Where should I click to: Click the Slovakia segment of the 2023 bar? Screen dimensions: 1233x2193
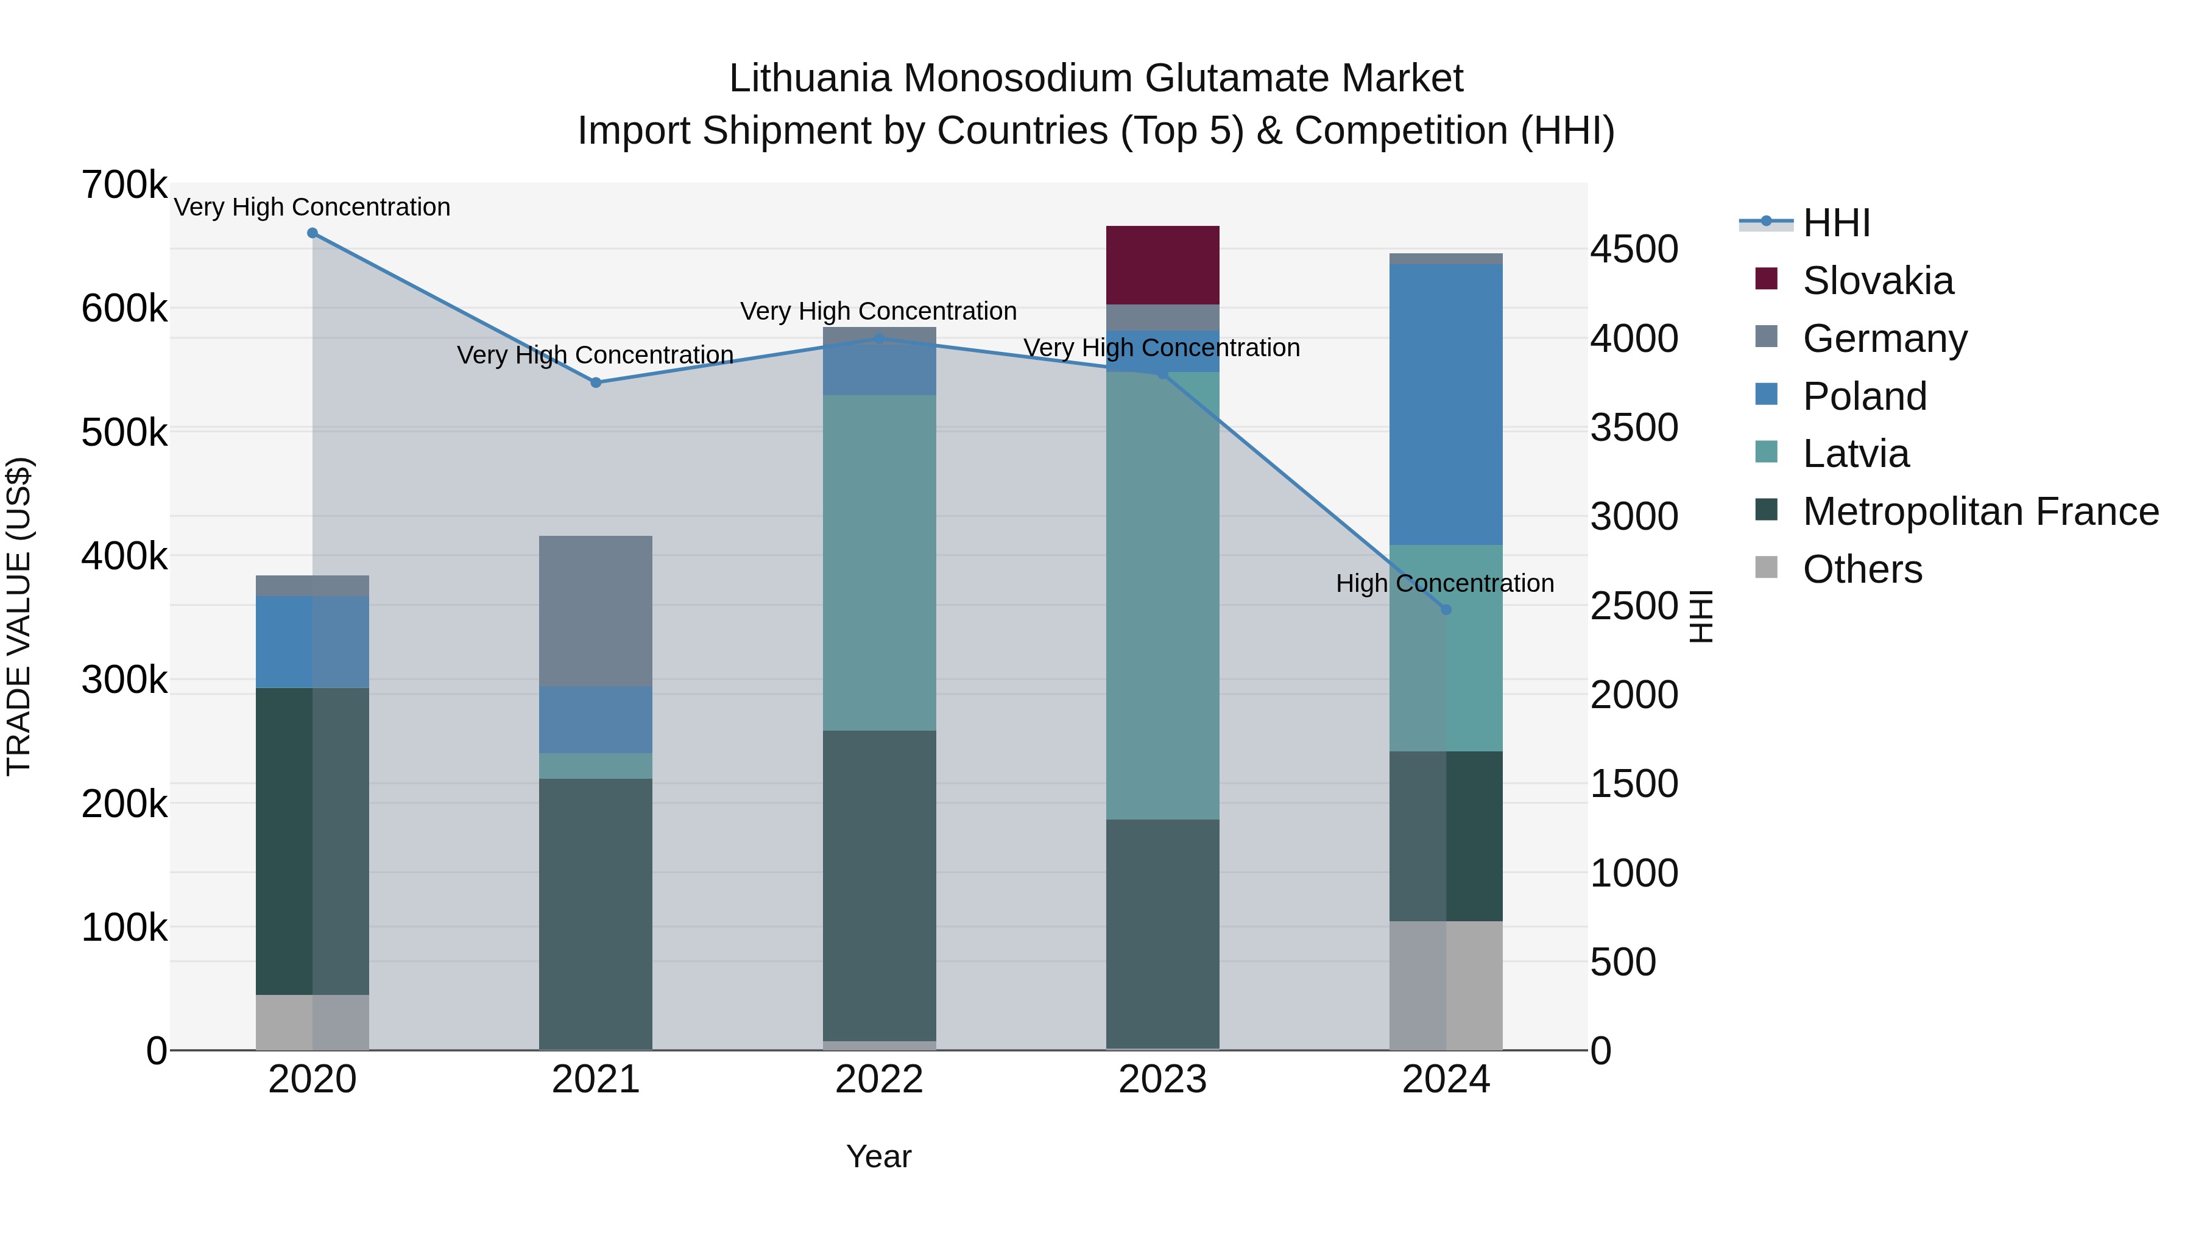click(x=1162, y=265)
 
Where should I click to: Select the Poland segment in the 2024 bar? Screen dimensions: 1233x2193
click(x=1446, y=404)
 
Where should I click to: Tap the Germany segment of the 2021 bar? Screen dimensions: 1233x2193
click(x=595, y=611)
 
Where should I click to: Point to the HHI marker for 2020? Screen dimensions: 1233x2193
click(x=313, y=233)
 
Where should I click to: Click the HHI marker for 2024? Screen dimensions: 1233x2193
click(x=1446, y=610)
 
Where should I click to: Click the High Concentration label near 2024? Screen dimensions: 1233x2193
click(x=1445, y=584)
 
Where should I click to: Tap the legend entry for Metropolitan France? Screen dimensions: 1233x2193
click(x=1980, y=511)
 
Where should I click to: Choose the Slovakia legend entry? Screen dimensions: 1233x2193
click(x=1878, y=281)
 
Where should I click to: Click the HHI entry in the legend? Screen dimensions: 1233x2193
click(x=1836, y=223)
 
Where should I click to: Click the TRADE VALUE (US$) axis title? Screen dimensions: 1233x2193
click(x=19, y=616)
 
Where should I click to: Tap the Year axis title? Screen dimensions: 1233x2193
click(x=878, y=1156)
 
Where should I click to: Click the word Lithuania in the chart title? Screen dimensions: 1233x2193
click(x=810, y=79)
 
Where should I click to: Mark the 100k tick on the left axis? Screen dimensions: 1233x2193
click(x=124, y=927)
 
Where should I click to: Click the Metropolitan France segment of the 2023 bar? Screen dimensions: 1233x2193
click(x=1162, y=933)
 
